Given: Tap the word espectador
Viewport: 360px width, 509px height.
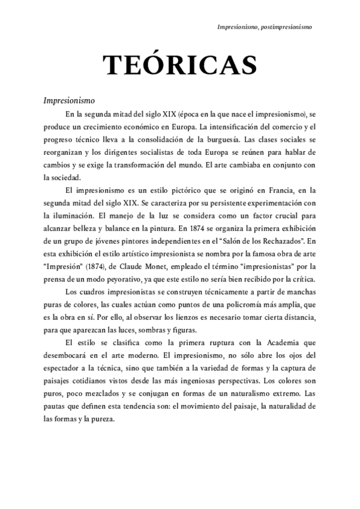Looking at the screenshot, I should point(63,368).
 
